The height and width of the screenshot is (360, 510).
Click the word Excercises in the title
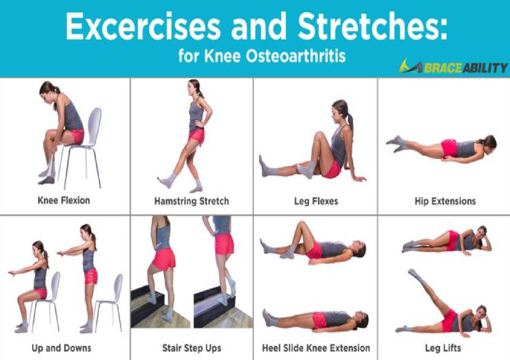(x=143, y=26)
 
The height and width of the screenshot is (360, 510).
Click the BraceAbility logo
(x=454, y=66)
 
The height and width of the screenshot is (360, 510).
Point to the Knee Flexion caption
(x=64, y=200)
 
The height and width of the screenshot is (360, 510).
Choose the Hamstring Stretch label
(x=192, y=201)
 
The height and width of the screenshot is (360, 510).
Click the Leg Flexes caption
(x=316, y=201)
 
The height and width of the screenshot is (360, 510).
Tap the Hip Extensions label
(x=445, y=201)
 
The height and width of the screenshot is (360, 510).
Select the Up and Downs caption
(x=62, y=349)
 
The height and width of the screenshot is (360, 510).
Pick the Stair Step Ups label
(x=192, y=349)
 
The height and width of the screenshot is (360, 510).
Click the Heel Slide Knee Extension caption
(x=316, y=349)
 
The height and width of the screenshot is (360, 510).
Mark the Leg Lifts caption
(x=443, y=349)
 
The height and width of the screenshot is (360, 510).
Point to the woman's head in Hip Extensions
(x=489, y=143)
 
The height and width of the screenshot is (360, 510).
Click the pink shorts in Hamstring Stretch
(x=196, y=136)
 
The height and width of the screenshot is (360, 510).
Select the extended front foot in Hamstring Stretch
(x=166, y=181)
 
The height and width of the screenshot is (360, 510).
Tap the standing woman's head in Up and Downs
(x=88, y=231)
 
